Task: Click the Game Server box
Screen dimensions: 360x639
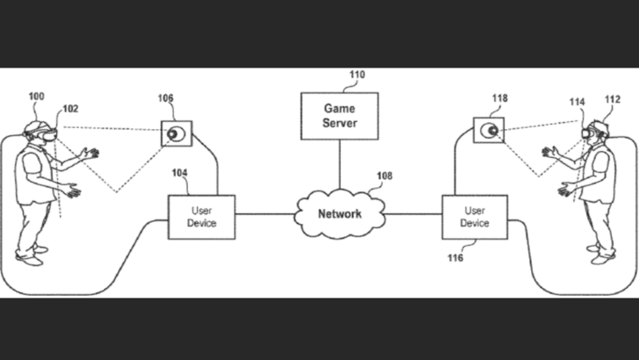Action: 339,116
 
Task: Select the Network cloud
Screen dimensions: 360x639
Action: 339,212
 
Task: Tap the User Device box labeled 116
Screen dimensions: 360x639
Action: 474,217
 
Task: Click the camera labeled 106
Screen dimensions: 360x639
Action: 176,134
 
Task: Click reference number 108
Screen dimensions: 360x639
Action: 384,176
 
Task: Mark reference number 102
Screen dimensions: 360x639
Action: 69,110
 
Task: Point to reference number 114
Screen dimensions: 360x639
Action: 576,103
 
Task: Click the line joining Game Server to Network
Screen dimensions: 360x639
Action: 339,166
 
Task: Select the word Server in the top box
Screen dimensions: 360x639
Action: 339,123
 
